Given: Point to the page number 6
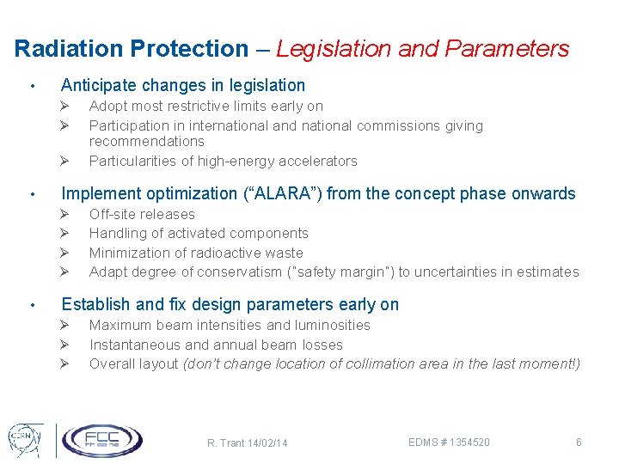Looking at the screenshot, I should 579,442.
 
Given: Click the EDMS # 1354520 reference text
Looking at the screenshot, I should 450,442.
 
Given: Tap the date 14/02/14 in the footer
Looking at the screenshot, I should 266,443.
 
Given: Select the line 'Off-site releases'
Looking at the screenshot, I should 142,214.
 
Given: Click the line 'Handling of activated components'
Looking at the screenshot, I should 199,233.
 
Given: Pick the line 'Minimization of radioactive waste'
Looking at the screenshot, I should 196,253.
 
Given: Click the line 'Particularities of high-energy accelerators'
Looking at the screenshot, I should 223,161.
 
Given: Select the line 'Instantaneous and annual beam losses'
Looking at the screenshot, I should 216,345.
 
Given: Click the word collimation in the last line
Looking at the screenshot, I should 378,363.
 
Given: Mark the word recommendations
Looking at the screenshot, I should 146,141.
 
